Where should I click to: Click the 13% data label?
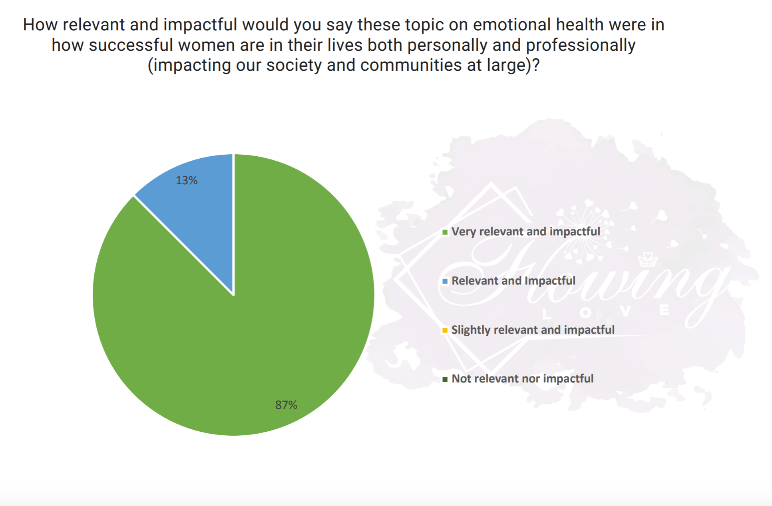pyautogui.click(x=187, y=180)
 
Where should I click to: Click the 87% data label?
pyautogui.click(x=286, y=405)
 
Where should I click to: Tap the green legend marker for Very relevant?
pyautogui.click(x=445, y=232)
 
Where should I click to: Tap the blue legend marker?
pyautogui.click(x=445, y=281)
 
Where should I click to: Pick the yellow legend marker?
pyautogui.click(x=445, y=331)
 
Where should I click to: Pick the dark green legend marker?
pyautogui.click(x=445, y=379)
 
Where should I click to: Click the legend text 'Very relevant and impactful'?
pyautogui.click(x=525, y=231)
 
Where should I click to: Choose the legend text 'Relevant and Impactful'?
pyautogui.click(x=513, y=281)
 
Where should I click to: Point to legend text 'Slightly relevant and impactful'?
pyautogui.click(x=533, y=330)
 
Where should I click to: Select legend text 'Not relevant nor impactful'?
pyautogui.click(x=522, y=379)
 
